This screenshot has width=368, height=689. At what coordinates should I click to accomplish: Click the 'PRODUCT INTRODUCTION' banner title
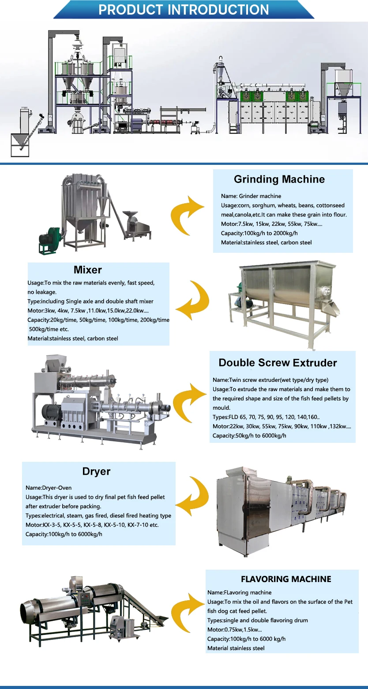pyautogui.click(x=184, y=9)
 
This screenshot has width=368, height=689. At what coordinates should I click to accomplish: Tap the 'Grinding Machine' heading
pyautogui.click(x=279, y=179)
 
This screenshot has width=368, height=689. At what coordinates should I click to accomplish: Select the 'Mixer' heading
pyautogui.click(x=88, y=270)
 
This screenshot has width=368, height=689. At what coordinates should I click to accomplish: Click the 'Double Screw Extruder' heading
pyautogui.click(x=278, y=363)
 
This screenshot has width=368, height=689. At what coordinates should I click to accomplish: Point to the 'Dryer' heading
pyautogui.click(x=96, y=472)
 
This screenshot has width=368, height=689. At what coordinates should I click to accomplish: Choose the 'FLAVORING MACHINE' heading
pyautogui.click(x=286, y=579)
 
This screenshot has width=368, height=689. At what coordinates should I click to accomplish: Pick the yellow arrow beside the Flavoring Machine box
pyautogui.click(x=188, y=614)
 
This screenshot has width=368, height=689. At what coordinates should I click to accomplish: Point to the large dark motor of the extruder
pyautogui.click(x=50, y=413)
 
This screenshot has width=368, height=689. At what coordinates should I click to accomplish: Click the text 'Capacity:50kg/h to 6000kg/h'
pyautogui.click(x=249, y=436)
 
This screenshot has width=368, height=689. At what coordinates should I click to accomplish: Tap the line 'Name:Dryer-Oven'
pyautogui.click(x=49, y=488)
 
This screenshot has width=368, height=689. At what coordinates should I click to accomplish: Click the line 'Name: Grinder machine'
pyautogui.click(x=251, y=196)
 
